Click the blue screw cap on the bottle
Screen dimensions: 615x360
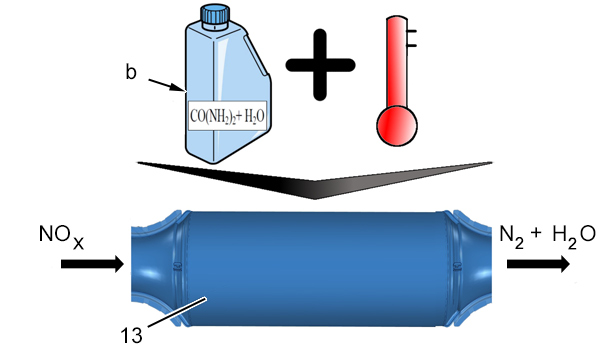coord(215,16)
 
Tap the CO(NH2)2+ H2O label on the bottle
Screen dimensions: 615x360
coord(227,116)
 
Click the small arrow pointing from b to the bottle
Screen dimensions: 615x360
coord(166,85)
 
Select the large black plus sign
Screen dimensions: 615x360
coord(320,65)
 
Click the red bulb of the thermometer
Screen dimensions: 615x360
coord(397,126)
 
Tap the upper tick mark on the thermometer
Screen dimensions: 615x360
coord(411,31)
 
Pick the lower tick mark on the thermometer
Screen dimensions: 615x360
coord(411,45)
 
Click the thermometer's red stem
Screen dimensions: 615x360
coord(397,63)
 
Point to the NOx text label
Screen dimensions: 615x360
coord(62,236)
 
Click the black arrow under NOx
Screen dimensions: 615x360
coord(92,264)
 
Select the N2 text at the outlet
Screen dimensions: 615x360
coord(511,236)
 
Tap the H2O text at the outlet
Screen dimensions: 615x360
coord(574,236)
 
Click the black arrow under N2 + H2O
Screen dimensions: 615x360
coord(538,264)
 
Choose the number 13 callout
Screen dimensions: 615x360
coord(131,336)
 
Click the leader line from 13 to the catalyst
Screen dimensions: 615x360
coord(176,312)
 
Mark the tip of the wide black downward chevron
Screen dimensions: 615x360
coord(315,198)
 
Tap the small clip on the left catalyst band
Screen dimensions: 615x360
coord(177,266)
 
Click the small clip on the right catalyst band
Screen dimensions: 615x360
coord(457,266)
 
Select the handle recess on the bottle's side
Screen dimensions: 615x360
coord(256,55)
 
